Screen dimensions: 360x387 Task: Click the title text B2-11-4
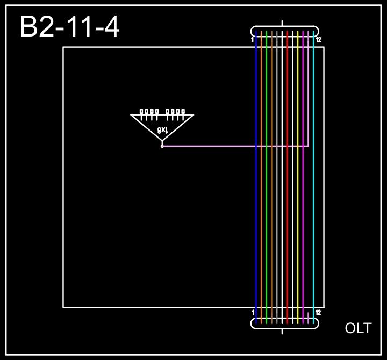pos(69,27)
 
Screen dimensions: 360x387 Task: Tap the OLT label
pos(358,328)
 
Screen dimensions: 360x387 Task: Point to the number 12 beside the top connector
pos(318,40)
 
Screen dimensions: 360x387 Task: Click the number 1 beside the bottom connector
pos(253,312)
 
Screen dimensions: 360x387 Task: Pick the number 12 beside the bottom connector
pos(318,312)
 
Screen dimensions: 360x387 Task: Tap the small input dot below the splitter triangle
pos(162,146)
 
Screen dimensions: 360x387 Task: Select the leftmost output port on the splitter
pos(141,112)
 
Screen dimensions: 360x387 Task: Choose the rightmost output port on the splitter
pos(183,112)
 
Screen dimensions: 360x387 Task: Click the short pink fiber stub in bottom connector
pos(308,318)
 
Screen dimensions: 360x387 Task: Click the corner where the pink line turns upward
pos(308,146)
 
